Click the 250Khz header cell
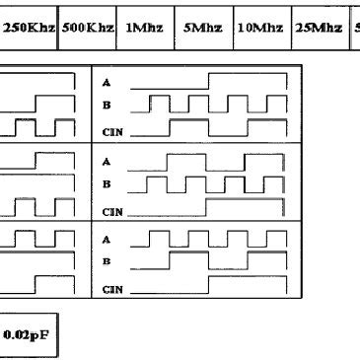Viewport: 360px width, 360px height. (29, 28)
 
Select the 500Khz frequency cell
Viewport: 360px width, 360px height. (87, 28)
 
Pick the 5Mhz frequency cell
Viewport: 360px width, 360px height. (203, 28)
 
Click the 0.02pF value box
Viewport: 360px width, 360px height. (29, 335)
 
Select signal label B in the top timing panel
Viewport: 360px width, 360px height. (107, 104)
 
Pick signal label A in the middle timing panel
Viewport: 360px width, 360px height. (107, 162)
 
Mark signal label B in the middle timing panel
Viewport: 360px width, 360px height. (107, 184)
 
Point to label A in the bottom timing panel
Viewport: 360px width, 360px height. (107, 239)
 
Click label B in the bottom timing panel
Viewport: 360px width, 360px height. (107, 261)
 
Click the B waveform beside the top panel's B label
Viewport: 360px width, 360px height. (212, 104)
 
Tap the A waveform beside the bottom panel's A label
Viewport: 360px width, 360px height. (212, 239)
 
